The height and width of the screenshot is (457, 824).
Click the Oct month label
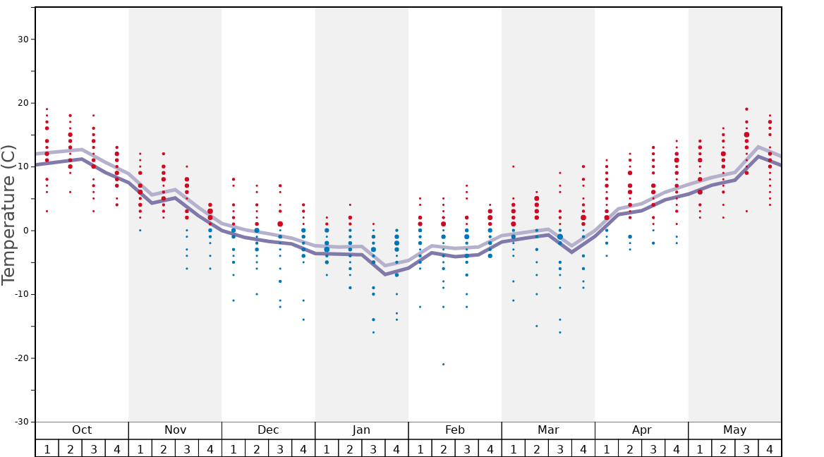click(x=82, y=430)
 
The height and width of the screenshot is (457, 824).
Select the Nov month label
click(x=175, y=430)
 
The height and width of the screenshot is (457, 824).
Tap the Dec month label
click(x=268, y=430)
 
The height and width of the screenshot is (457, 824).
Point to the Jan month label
click(x=361, y=430)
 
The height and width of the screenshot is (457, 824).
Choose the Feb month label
click(x=455, y=430)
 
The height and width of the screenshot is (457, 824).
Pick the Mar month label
click(x=548, y=430)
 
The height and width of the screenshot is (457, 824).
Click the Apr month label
click(x=641, y=430)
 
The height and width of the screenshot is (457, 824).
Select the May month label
click(x=734, y=430)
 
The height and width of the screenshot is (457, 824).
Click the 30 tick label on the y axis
click(x=23, y=39)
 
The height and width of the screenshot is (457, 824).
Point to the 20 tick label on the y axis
click(x=23, y=103)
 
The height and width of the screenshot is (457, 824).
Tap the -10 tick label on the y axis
click(x=21, y=294)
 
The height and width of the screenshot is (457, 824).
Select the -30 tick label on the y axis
click(x=21, y=422)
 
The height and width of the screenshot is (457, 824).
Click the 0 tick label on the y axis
click(x=25, y=231)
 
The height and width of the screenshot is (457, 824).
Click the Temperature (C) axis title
click(x=8, y=214)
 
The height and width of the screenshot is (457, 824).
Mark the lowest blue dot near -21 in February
click(x=443, y=364)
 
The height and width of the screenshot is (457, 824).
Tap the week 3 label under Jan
click(x=373, y=449)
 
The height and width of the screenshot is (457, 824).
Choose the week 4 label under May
click(x=770, y=449)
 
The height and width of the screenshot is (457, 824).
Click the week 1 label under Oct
click(x=47, y=449)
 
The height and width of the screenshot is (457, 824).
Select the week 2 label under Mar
click(x=536, y=449)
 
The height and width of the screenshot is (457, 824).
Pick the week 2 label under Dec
click(x=257, y=449)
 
